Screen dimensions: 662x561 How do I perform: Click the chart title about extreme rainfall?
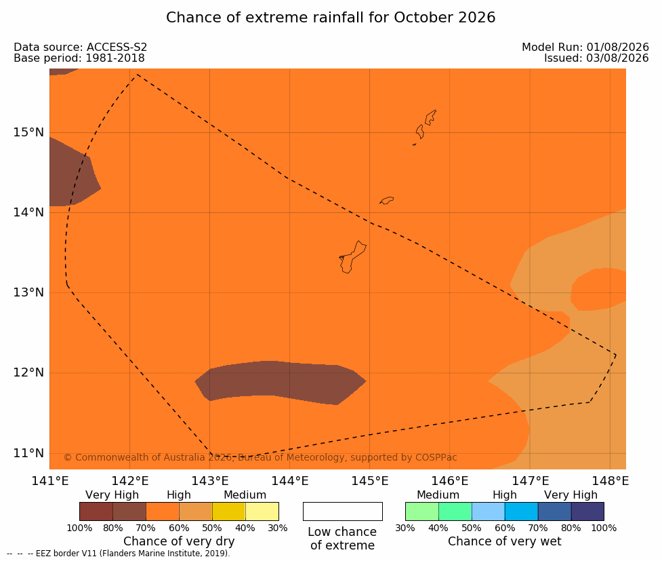click(x=331, y=18)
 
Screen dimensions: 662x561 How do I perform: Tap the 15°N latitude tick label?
click(x=28, y=132)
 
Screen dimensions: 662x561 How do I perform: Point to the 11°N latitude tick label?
click(x=28, y=453)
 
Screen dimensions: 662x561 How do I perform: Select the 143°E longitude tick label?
click(x=210, y=481)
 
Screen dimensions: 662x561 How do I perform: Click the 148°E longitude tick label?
click(x=610, y=481)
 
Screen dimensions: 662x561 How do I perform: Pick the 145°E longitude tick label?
click(x=370, y=481)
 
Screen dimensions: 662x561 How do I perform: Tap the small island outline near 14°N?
click(x=387, y=200)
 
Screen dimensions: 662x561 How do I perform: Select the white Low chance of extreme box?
click(x=343, y=511)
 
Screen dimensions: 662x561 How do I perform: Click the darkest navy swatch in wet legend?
click(x=587, y=511)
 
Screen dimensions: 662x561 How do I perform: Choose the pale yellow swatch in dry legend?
click(x=262, y=511)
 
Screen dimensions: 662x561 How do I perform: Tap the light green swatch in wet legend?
click(x=421, y=511)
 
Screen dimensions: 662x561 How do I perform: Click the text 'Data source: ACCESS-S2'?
click(x=80, y=47)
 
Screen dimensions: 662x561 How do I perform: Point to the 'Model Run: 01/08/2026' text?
click(x=585, y=47)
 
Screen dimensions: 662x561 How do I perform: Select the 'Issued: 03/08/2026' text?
click(x=596, y=58)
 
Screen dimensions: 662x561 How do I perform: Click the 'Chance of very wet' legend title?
click(x=505, y=541)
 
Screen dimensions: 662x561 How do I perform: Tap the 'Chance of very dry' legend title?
click(x=179, y=541)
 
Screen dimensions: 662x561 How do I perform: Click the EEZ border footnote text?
click(x=119, y=554)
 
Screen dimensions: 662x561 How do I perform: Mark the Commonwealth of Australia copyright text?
click(x=260, y=457)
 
